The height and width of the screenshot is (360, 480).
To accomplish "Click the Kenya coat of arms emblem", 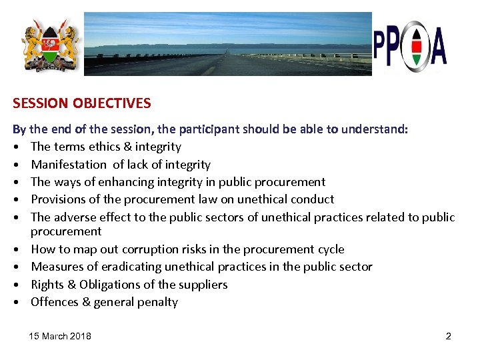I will (50, 45).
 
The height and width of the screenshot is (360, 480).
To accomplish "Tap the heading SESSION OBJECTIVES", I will (81, 103).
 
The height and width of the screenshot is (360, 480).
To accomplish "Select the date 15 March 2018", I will (60, 336).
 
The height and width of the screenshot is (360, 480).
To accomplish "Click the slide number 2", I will (448, 336).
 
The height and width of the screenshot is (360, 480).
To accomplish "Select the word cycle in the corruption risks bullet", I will (329, 249).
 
